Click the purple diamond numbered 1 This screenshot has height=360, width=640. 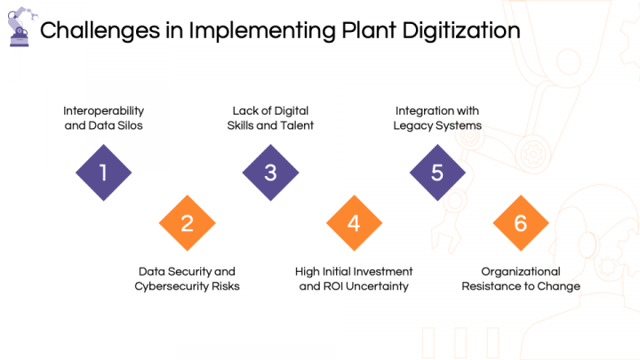(x=103, y=172)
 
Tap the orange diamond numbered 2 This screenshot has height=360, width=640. (x=187, y=223)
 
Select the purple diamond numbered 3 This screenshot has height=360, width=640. (x=270, y=172)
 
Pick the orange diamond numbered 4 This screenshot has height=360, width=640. (x=354, y=223)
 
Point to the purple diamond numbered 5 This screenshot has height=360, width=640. (x=437, y=172)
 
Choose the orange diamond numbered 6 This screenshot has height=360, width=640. (x=521, y=223)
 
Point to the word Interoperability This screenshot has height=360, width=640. (x=103, y=110)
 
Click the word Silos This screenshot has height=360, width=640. (x=129, y=125)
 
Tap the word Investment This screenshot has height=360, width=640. (x=386, y=271)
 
